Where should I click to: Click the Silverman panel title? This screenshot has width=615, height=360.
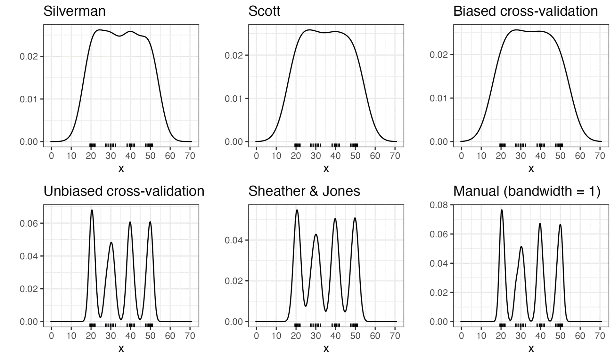click(74, 12)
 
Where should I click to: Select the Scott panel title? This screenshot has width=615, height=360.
click(264, 12)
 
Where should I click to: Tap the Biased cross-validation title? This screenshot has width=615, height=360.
click(525, 12)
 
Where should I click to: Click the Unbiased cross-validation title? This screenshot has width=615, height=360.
click(124, 191)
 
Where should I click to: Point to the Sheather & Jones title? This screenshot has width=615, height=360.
click(304, 191)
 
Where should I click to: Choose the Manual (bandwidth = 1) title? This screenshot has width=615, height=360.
click(527, 191)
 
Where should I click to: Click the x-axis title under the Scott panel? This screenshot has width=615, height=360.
click(326, 169)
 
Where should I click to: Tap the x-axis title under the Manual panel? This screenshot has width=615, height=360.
click(531, 348)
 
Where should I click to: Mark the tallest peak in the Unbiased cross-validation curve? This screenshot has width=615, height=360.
click(92, 210)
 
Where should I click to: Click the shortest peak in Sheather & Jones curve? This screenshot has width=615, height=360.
click(316, 234)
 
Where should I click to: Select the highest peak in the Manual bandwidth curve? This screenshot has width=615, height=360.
click(502, 210)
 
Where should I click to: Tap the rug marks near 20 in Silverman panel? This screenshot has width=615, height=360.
click(92, 145)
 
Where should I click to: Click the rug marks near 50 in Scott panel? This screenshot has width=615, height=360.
click(354, 145)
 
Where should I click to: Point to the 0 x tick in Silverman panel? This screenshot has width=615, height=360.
click(51, 156)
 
